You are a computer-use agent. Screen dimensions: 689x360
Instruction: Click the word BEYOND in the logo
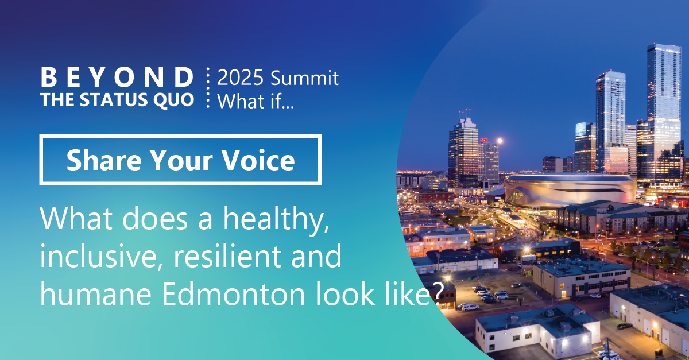coord(117,78)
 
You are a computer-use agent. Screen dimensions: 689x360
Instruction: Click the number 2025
coord(240,78)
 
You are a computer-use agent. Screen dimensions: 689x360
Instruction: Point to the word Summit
coord(304,78)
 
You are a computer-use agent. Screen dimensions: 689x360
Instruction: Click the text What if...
coord(256,101)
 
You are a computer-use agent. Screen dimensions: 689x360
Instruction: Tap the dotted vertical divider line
coord(208,88)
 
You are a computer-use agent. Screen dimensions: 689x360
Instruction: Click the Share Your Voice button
coord(180,160)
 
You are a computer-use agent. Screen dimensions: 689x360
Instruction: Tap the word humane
coord(96,293)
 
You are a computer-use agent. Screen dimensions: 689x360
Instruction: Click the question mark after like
coord(439,293)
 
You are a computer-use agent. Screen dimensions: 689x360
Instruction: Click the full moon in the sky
coord(500,141)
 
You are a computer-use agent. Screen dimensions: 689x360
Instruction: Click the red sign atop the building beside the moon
coord(484,140)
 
